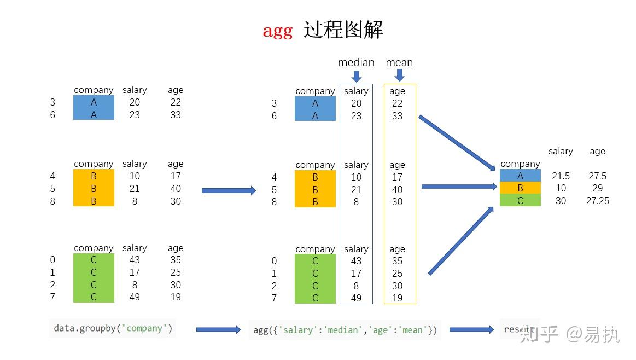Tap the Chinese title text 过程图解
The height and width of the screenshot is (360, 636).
click(x=344, y=30)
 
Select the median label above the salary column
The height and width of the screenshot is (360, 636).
click(x=356, y=62)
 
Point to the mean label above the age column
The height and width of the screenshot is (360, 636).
click(x=399, y=62)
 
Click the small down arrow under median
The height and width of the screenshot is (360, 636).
click(x=357, y=76)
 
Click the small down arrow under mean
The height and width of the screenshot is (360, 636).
click(x=400, y=76)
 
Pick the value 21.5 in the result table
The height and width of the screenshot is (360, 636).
click(x=561, y=176)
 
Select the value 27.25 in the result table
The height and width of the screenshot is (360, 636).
click(x=597, y=201)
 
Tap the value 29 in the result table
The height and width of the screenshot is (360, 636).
click(x=597, y=188)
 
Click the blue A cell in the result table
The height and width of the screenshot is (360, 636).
click(x=520, y=176)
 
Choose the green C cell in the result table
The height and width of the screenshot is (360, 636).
click(x=520, y=201)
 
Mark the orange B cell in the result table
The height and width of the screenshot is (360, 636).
click(x=520, y=188)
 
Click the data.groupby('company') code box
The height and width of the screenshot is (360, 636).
click(x=113, y=328)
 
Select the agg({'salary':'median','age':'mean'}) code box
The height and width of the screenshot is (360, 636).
click(x=345, y=330)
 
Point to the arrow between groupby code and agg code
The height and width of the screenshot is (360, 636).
click(x=218, y=329)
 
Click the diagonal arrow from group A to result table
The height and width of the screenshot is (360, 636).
click(x=457, y=142)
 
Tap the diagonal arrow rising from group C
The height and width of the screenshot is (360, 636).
click(x=461, y=241)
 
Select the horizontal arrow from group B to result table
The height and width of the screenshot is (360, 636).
click(x=459, y=187)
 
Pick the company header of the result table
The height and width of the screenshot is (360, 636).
click(x=520, y=164)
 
